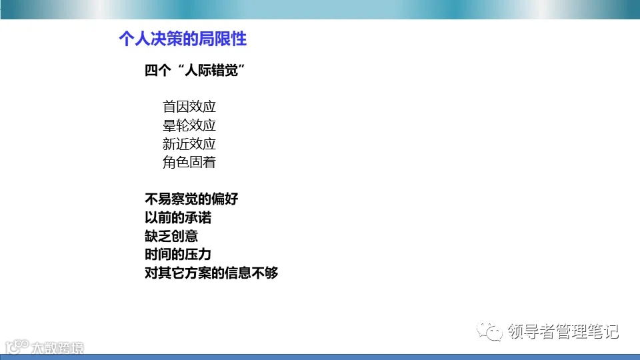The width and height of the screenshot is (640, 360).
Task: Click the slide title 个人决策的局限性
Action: [182, 39]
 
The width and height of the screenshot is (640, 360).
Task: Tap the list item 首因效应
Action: [189, 107]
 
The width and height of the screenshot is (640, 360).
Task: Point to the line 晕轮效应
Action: [189, 125]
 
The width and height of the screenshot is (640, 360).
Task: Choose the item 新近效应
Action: [189, 144]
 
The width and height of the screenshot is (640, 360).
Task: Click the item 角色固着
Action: [189, 162]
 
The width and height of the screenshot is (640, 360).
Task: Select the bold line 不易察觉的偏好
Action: [191, 199]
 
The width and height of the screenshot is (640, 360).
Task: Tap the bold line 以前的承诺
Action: [178, 218]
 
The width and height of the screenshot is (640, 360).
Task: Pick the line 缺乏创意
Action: [171, 236]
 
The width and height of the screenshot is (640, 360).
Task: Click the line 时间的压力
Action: [178, 254]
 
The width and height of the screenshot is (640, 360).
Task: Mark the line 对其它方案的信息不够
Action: [211, 273]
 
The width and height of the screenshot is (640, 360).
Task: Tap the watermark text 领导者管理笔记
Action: [563, 331]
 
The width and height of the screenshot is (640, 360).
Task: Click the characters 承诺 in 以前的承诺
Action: [198, 218]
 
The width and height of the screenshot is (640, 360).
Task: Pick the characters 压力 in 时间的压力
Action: [198, 254]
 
